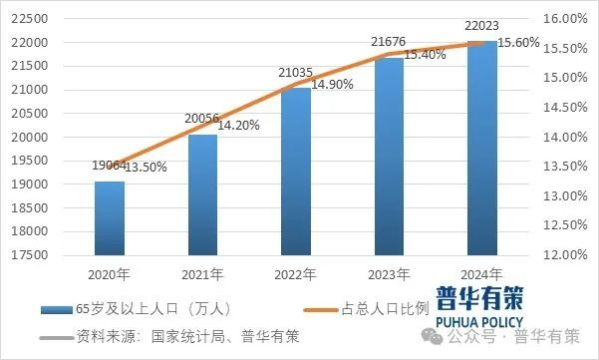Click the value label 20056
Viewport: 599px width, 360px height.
point(203,119)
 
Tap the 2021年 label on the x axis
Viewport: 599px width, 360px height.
point(203,273)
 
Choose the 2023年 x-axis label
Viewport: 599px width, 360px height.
point(389,273)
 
